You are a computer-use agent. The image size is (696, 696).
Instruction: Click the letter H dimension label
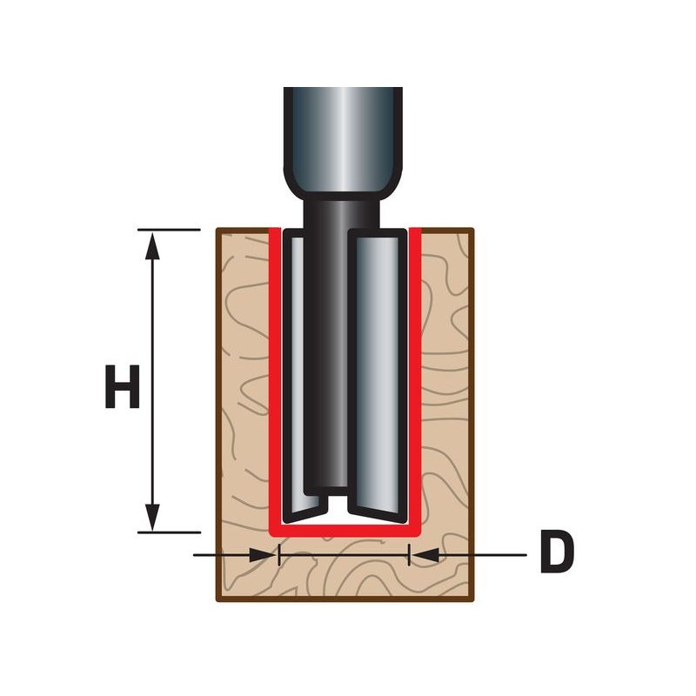coord(123,386)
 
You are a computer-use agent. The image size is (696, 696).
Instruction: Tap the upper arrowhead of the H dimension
coord(152,245)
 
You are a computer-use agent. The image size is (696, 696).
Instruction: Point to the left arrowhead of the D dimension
coord(262,555)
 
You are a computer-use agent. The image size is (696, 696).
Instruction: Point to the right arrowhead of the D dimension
coord(425,555)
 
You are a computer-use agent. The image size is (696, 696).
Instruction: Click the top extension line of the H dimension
coord(169,230)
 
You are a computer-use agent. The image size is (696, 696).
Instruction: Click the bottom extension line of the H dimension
coord(169,532)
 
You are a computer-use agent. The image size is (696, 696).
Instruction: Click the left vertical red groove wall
coord(275,382)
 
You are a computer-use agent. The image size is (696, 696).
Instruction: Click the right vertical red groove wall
coord(416,382)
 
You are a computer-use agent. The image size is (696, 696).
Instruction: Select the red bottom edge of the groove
coord(345,531)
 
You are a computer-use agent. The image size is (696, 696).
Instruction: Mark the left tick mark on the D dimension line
coord(278,555)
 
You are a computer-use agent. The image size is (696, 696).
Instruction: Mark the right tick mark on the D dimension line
coord(409,555)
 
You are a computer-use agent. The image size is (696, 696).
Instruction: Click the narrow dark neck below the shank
coord(342,214)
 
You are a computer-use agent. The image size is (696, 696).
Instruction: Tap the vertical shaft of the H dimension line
coord(152,381)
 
